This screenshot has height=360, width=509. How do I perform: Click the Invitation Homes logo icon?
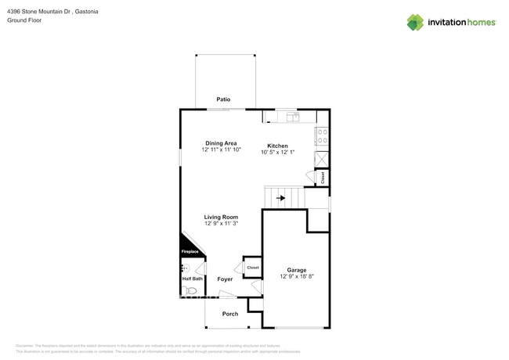pyautogui.click(x=414, y=22)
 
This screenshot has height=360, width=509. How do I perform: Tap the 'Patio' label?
pyautogui.click(x=224, y=100)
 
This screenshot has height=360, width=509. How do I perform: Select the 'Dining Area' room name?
pyautogui.click(x=221, y=143)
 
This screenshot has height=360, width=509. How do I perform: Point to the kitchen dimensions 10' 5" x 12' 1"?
pyautogui.click(x=277, y=153)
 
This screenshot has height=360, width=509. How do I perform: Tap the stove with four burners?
pyautogui.click(x=322, y=136)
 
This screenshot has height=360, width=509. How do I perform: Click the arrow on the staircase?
pyautogui.click(x=281, y=199)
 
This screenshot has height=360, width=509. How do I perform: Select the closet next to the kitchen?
pyautogui.click(x=322, y=178)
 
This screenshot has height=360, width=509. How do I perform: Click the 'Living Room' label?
pyautogui.click(x=221, y=217)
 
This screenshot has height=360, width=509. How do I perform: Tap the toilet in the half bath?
pyautogui.click(x=189, y=290)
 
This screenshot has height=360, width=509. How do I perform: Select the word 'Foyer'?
pyautogui.click(x=225, y=279)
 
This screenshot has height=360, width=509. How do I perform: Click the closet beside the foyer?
pyautogui.click(x=252, y=268)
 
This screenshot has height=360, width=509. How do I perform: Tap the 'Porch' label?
pyautogui.click(x=229, y=314)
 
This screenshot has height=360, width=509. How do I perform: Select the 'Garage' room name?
pyautogui.click(x=296, y=270)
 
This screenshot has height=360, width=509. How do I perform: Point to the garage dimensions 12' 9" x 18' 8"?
pyautogui.click(x=296, y=277)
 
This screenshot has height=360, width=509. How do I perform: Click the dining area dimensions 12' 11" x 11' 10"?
pyautogui.click(x=221, y=150)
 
